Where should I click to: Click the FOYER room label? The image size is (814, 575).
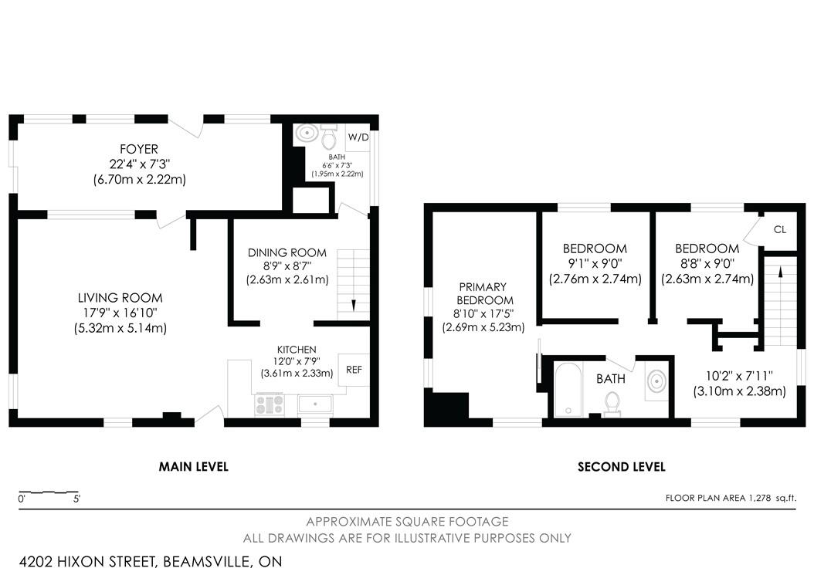coord(139,149)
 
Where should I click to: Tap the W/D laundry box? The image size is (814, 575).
coord(358,137)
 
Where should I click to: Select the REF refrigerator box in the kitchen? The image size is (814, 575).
coord(354,370)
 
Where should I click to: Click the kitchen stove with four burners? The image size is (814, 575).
coord(270,404)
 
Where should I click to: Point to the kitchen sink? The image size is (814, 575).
coord(314,404)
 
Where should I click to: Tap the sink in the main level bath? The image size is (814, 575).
coord(307,134)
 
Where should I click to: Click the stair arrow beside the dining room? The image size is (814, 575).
coord(353,304)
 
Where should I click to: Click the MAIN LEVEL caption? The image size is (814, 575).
coord(193,466)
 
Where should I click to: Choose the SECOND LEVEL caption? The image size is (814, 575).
coord(621,466)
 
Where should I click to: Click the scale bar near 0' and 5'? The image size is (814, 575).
coord(48,492)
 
